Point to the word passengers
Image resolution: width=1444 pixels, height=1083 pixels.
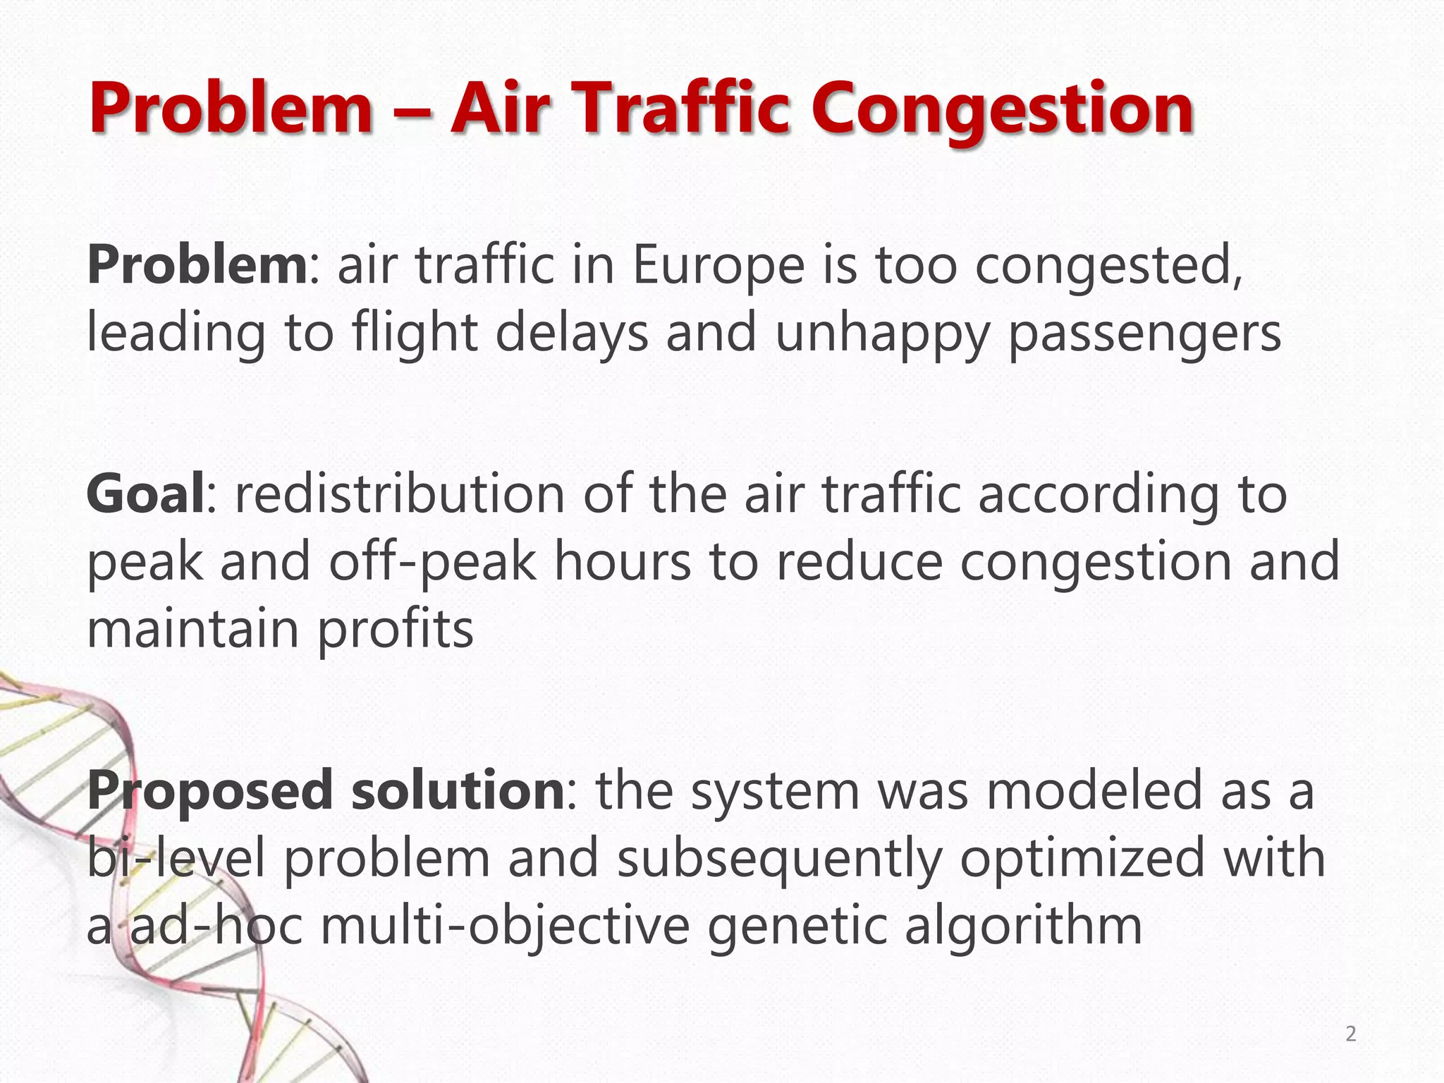point(1144,334)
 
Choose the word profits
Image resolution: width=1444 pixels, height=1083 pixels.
point(395,630)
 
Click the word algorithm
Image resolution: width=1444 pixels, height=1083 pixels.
point(1022,926)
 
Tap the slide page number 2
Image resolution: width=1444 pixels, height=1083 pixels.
point(1350,1034)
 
